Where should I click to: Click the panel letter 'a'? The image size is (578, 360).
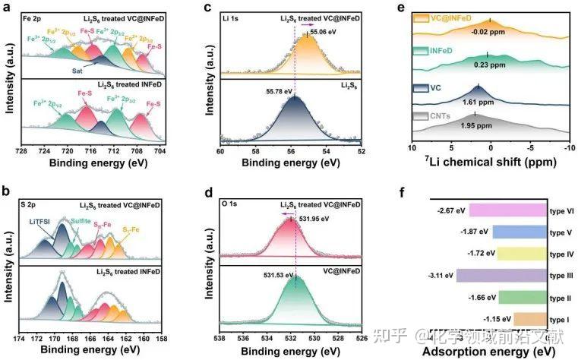[6, 8]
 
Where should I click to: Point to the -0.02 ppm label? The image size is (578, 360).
[491, 32]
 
